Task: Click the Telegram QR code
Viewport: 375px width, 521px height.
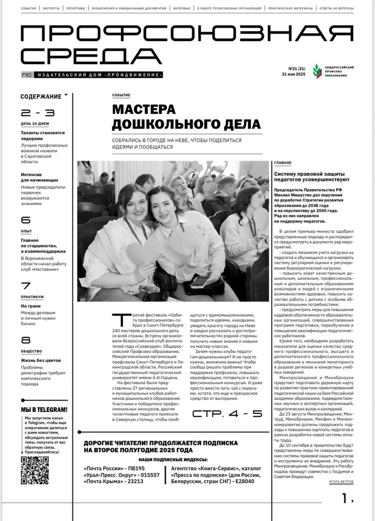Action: coord(35,471)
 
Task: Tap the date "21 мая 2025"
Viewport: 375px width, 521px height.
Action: coord(293,74)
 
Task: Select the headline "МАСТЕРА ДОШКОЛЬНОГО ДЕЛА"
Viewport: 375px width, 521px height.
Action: coord(186,117)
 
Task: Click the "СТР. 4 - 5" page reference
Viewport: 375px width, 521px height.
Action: coord(227,414)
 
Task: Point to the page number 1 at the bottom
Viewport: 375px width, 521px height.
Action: coord(345,498)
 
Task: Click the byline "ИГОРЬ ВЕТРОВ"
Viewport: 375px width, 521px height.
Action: coord(341,482)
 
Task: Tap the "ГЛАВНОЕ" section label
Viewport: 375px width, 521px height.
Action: coord(283,163)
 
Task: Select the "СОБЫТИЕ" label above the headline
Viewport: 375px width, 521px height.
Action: coord(121,95)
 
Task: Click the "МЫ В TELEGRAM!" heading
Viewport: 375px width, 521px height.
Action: coord(44,410)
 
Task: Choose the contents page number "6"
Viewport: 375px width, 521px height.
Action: coord(26,220)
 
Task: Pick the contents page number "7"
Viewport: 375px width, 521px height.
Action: coord(26,286)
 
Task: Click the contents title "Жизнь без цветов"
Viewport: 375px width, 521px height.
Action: coord(41,360)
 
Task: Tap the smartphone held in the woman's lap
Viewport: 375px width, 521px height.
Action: coord(202,281)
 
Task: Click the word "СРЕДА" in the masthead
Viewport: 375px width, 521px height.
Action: coord(91,56)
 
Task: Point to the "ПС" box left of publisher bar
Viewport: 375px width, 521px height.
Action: coord(26,75)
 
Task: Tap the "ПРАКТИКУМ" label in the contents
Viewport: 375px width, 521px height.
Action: coord(32,297)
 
